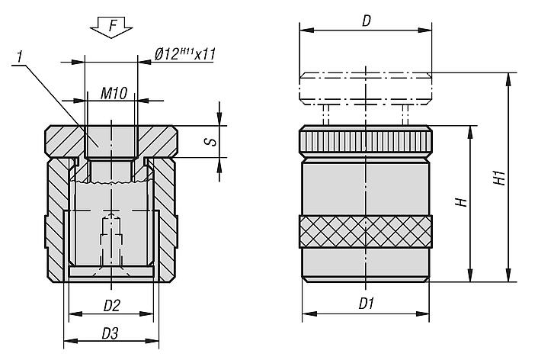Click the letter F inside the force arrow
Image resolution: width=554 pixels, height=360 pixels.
[x=113, y=26]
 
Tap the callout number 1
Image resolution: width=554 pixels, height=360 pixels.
[x=20, y=57]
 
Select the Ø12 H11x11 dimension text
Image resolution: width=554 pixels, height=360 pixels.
[x=184, y=54]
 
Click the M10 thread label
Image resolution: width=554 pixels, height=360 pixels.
[x=114, y=93]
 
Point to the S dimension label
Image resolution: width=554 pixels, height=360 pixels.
[x=211, y=141]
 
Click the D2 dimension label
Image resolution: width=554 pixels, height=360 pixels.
[x=112, y=306]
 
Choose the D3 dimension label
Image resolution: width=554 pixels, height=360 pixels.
[x=110, y=333]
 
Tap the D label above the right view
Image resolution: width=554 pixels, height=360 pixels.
[x=367, y=21]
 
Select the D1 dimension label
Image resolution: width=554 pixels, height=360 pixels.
[x=367, y=304]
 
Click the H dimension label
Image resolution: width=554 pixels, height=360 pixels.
[x=462, y=202]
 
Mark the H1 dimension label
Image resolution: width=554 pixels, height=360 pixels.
[x=499, y=178]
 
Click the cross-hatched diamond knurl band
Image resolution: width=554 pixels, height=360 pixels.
[x=365, y=231]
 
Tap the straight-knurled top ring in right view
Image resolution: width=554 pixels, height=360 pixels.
[x=365, y=141]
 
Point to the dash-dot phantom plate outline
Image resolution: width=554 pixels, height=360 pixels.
[x=365, y=88]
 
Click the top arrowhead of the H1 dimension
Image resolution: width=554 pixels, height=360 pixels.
[x=509, y=79]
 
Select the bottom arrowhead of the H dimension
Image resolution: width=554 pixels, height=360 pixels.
[x=470, y=275]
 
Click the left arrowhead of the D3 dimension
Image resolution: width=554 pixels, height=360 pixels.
[x=70, y=341]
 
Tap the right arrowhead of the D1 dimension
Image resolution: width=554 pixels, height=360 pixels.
[x=423, y=313]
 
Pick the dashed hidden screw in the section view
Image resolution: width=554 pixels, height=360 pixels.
[x=112, y=240]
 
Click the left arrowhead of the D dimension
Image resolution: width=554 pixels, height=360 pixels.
[x=306, y=31]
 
